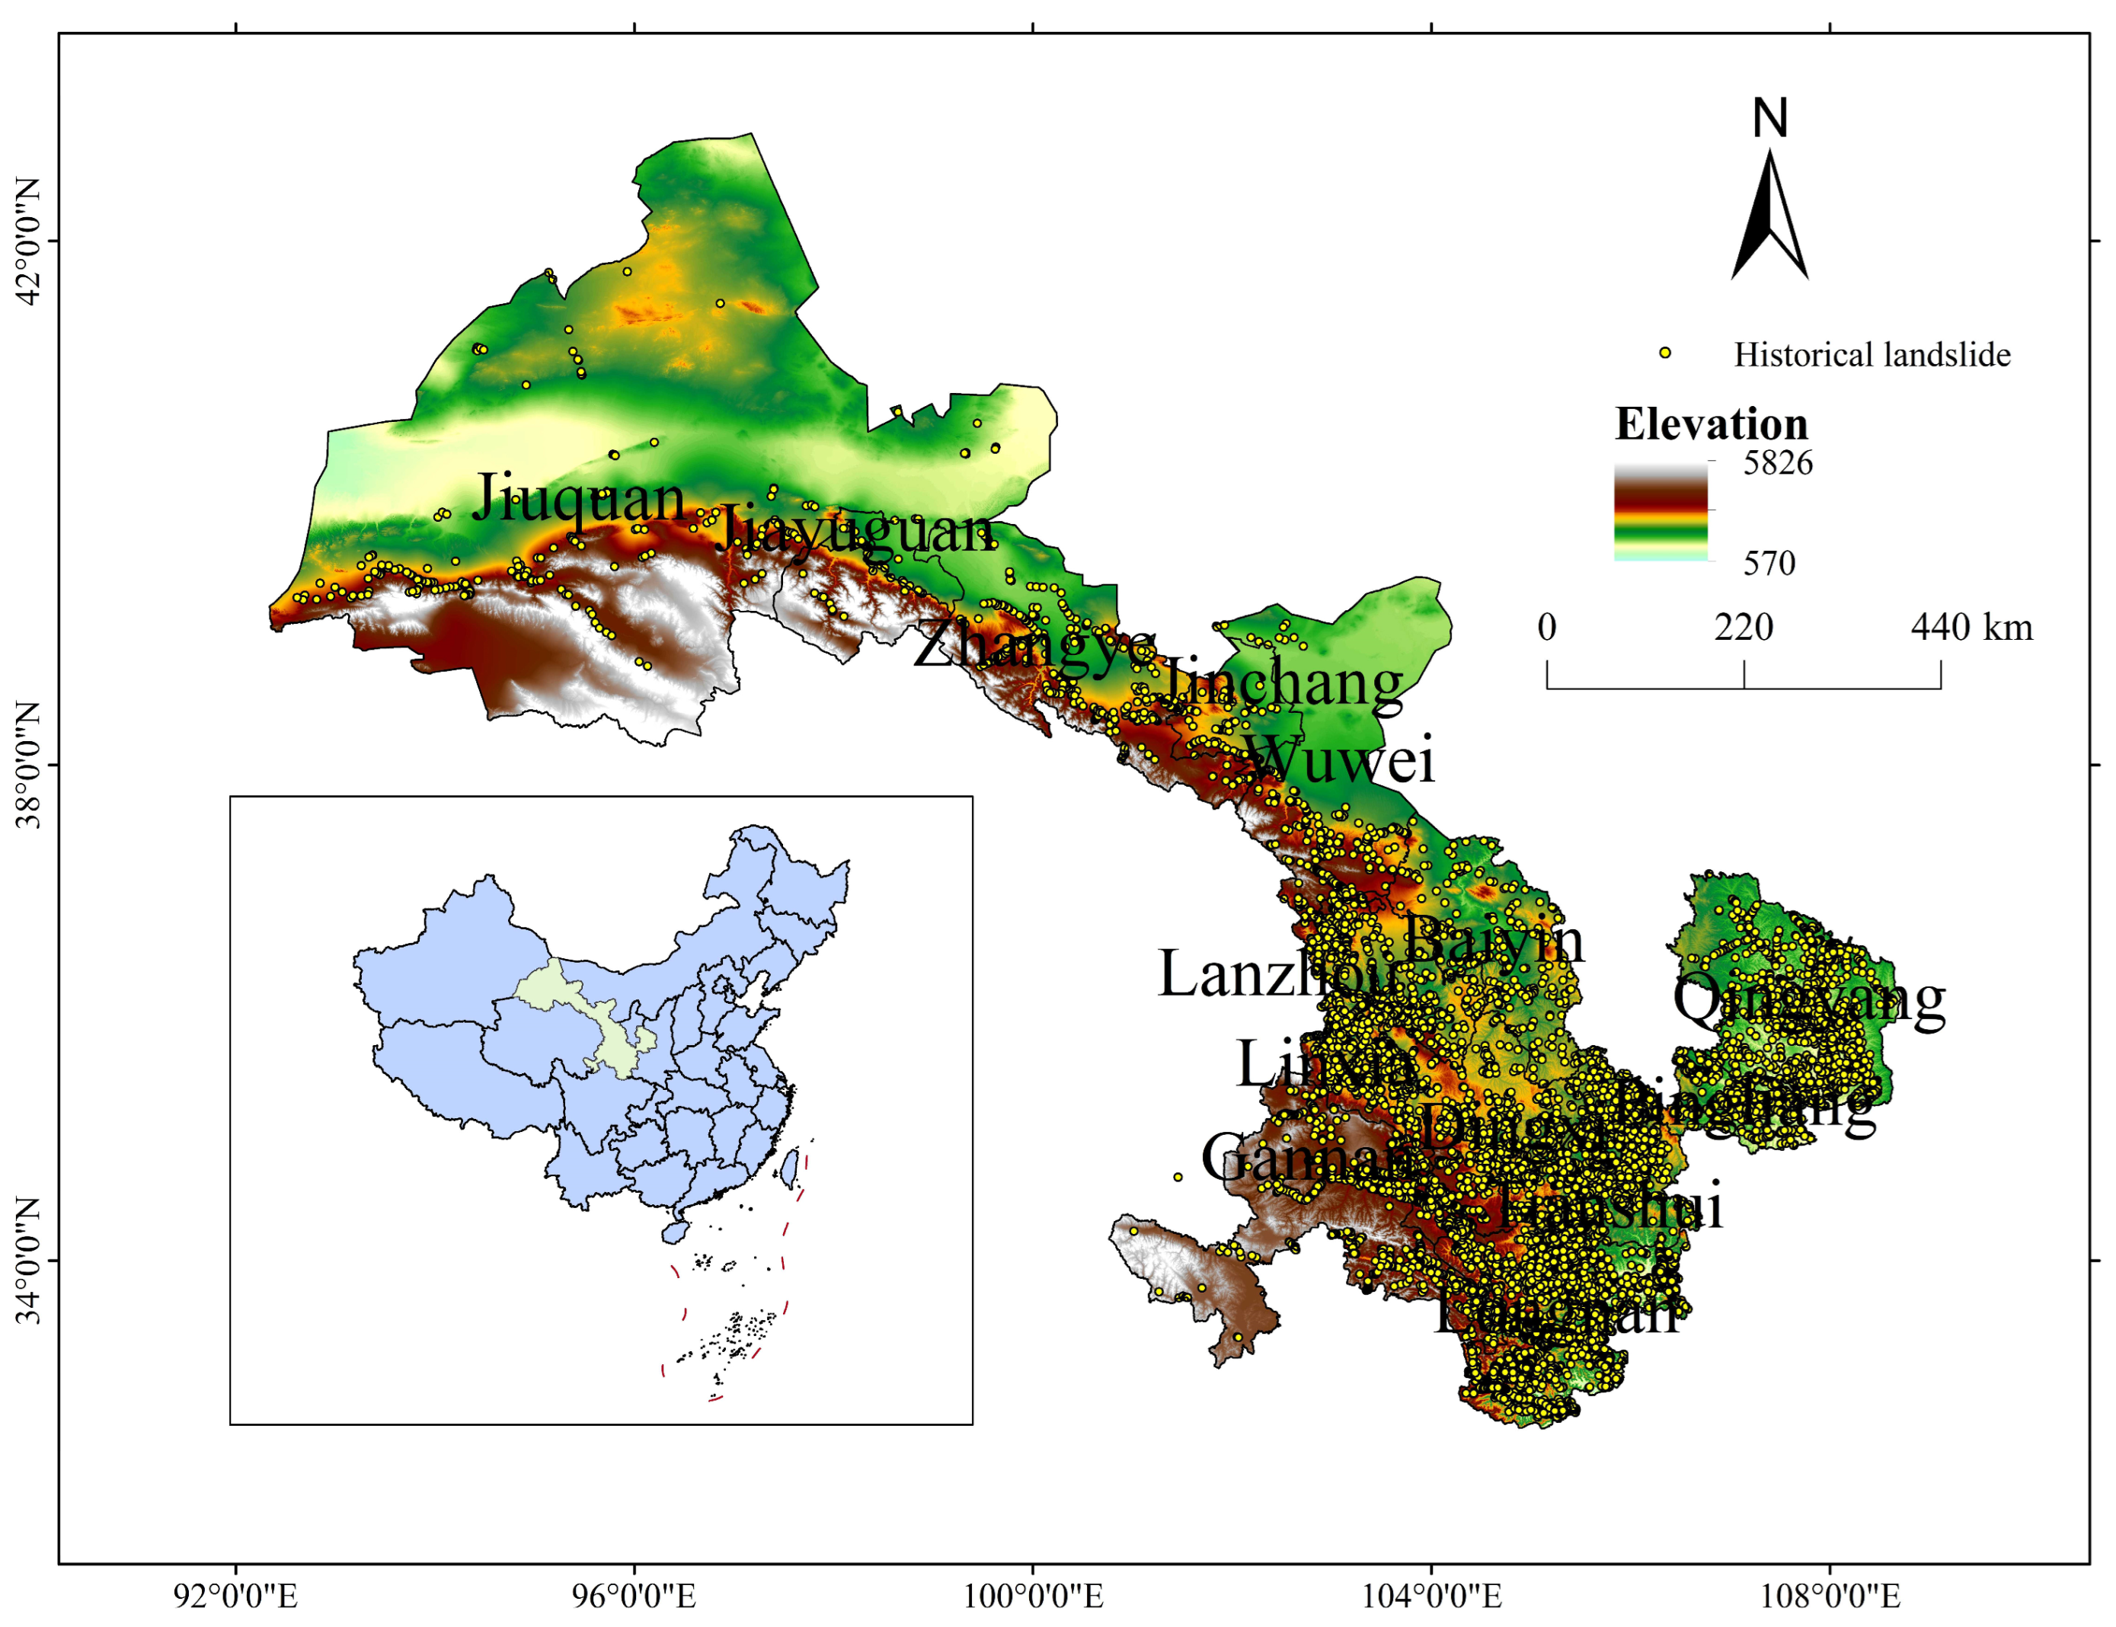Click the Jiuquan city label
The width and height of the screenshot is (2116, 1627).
pos(578,498)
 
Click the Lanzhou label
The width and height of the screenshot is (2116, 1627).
pos(1277,973)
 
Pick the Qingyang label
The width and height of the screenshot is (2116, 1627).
pos(1808,999)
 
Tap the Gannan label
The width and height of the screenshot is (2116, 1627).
pos(1307,1156)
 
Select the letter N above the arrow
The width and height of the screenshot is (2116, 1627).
pos(1769,118)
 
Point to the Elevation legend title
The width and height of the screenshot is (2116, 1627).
pos(1710,424)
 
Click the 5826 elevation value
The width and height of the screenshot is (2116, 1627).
pos(1777,463)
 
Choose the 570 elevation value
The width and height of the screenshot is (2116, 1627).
pos(1769,563)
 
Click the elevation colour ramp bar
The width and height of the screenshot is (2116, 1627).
pos(1660,511)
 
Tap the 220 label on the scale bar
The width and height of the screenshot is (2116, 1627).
pos(1744,628)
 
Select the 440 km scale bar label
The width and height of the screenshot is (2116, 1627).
pos(1971,628)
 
